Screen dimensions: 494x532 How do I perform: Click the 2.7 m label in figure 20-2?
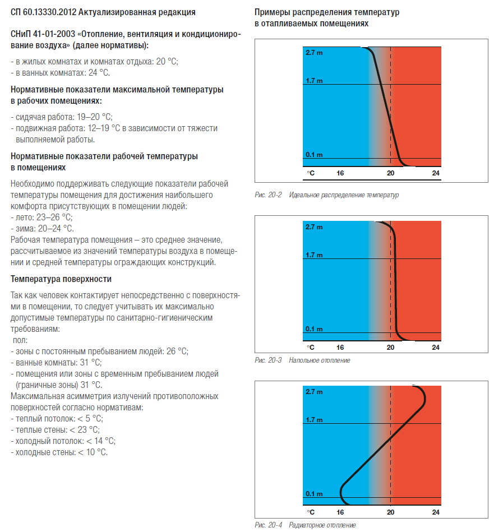point(314,53)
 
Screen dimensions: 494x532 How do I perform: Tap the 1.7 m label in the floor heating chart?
point(314,255)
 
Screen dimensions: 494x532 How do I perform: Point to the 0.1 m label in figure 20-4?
point(314,494)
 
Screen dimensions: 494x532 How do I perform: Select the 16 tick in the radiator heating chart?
point(340,512)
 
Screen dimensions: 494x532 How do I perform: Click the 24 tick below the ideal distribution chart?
point(436,173)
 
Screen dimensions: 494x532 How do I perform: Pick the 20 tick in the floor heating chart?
point(390,348)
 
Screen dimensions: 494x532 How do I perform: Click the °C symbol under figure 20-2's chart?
point(311,173)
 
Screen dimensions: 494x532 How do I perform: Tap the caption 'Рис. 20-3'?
point(268,360)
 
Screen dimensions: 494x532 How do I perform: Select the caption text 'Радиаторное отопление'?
point(322,525)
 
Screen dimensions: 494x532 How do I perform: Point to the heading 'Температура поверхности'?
point(61,279)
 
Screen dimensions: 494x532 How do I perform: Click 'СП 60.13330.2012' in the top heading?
point(43,12)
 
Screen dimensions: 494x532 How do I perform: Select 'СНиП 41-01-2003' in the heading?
point(43,34)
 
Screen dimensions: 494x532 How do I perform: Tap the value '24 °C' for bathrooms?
point(99,73)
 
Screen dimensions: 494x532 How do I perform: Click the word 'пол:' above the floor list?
point(20,340)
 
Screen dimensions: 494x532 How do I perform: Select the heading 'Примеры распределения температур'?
point(327,12)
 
